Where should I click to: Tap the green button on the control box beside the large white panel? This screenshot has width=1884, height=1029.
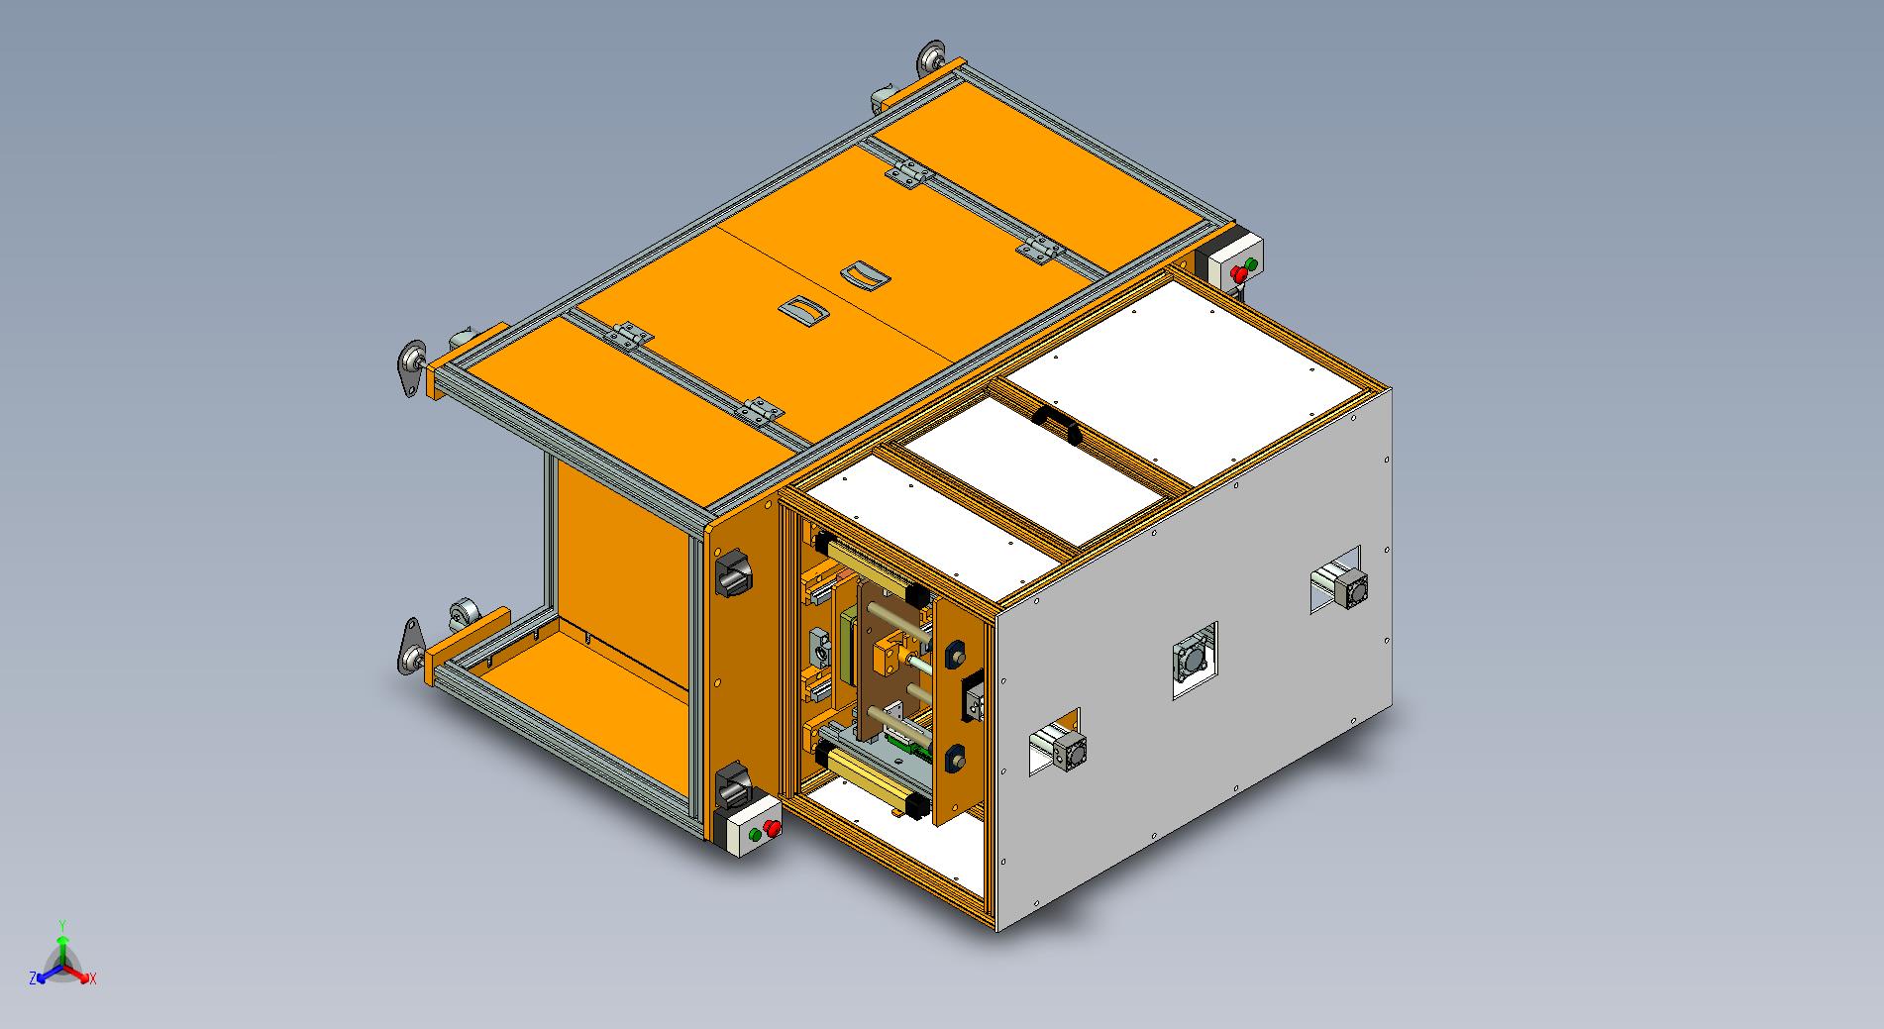tap(1251, 264)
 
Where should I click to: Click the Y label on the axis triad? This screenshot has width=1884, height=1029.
tap(61, 925)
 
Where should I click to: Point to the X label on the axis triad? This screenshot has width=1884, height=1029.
tap(92, 978)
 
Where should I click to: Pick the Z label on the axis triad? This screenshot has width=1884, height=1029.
tap(34, 978)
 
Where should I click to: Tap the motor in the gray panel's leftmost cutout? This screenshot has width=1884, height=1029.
tap(1060, 750)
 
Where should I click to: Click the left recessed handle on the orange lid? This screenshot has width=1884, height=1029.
tap(803, 311)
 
